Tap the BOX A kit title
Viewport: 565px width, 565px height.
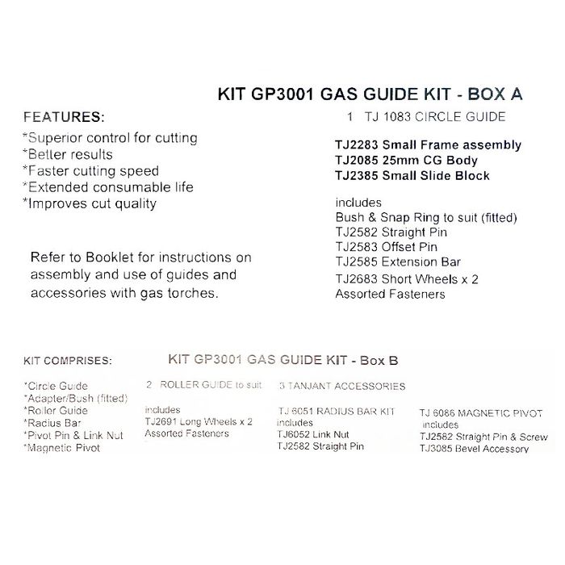point(370,94)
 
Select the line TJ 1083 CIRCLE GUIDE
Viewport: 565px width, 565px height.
point(425,117)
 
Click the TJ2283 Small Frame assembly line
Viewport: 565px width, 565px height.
point(428,145)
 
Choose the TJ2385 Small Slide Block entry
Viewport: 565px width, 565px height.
point(412,175)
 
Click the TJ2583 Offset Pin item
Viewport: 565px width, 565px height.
point(386,247)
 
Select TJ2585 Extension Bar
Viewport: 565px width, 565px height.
point(398,262)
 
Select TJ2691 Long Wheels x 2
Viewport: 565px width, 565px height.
point(199,421)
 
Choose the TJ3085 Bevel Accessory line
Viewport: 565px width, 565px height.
point(474,449)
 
